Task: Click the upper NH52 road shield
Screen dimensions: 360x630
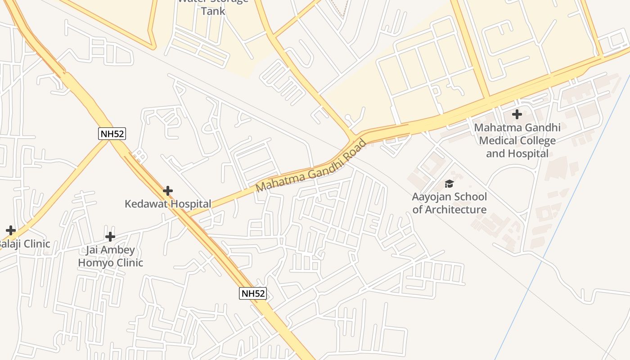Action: click(x=112, y=133)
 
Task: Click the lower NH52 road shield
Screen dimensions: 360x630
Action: click(x=253, y=293)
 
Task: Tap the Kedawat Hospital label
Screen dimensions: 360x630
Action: click(x=167, y=204)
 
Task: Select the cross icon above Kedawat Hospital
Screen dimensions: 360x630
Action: click(x=168, y=191)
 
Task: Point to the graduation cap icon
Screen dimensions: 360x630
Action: click(x=449, y=184)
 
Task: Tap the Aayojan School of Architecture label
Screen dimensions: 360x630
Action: click(x=449, y=203)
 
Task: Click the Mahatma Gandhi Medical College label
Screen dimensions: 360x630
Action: click(x=517, y=140)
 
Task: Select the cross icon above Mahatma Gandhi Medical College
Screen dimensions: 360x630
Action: click(x=517, y=114)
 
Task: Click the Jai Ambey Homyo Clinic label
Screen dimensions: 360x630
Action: click(x=111, y=256)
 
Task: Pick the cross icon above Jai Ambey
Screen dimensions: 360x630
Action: click(x=110, y=236)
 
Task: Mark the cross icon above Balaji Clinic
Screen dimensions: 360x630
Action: click(x=10, y=230)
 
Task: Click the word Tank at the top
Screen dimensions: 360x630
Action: click(x=213, y=11)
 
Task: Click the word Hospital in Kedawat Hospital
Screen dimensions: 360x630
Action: click(x=190, y=204)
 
